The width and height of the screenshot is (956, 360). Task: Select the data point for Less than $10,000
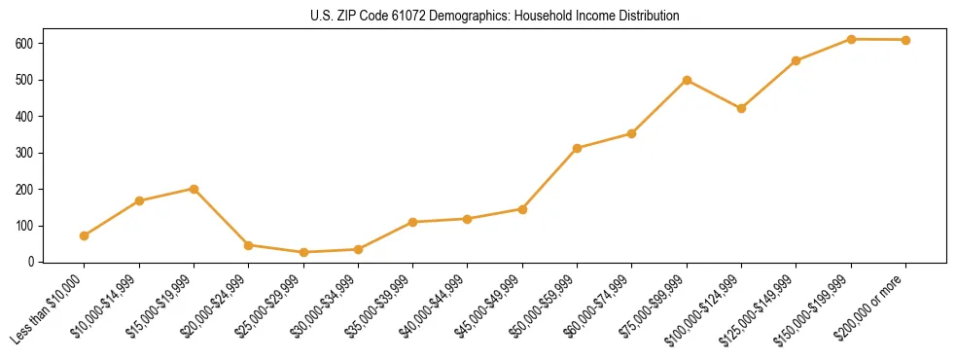(x=85, y=235)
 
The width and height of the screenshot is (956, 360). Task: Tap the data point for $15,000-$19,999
(x=195, y=189)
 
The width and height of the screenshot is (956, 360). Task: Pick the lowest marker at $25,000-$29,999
(x=303, y=252)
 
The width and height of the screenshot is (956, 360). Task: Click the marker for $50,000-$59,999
(x=578, y=148)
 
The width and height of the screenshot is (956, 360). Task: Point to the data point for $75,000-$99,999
(x=688, y=80)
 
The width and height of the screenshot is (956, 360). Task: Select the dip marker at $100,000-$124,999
(x=742, y=108)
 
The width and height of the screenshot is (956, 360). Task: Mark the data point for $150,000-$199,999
(x=852, y=39)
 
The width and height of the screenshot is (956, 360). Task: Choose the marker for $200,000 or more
(x=906, y=40)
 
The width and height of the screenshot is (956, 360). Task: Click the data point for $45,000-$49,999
(x=523, y=209)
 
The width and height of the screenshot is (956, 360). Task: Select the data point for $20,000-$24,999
(x=249, y=245)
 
